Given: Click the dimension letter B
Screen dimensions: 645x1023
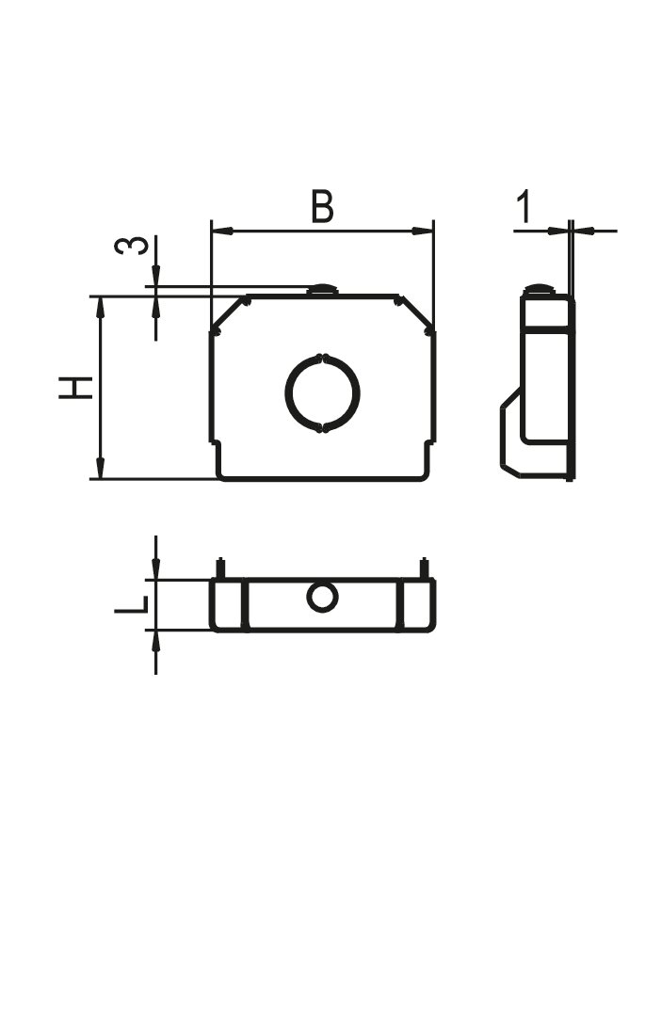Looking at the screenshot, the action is point(322,206).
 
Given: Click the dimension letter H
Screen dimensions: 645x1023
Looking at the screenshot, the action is point(75,388).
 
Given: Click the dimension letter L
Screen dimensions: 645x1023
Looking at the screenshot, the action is point(131,605).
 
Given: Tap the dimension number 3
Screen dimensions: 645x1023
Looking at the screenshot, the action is point(131,246).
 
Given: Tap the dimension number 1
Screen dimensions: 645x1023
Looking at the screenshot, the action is point(524,207).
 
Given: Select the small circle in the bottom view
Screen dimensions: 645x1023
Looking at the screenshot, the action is point(322,597).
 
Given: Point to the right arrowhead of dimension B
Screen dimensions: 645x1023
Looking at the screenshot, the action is point(423,231).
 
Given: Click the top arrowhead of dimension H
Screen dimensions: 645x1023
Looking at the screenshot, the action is point(100,308).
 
